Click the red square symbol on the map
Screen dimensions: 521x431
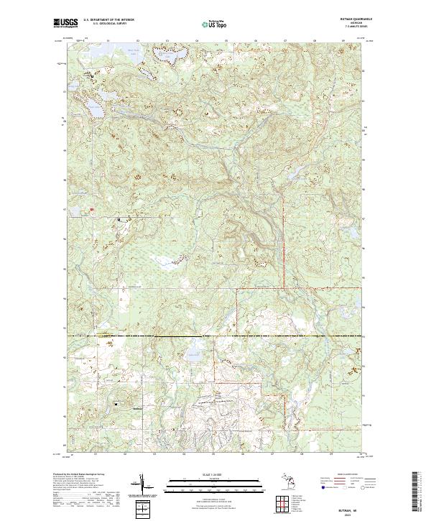(x=91, y=210)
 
